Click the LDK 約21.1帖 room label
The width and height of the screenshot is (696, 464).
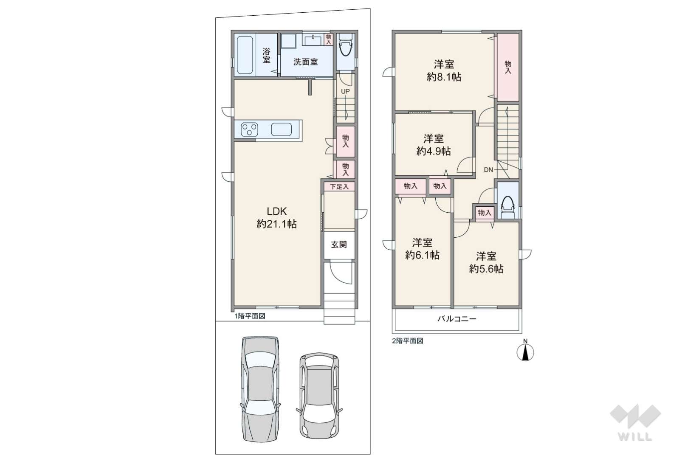click(276, 217)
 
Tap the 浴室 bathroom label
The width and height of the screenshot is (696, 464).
click(266, 56)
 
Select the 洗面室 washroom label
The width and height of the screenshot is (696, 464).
click(306, 62)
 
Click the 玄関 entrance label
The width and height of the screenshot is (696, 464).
click(339, 245)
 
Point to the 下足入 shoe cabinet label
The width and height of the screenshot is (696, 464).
click(339, 187)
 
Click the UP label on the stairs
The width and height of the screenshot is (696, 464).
click(345, 91)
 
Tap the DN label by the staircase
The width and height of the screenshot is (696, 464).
click(488, 170)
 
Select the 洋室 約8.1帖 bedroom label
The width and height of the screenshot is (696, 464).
click(444, 71)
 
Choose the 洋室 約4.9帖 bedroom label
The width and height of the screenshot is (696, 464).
click(434, 145)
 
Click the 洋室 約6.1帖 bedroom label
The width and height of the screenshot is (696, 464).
click(422, 249)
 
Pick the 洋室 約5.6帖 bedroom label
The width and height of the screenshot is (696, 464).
click(486, 262)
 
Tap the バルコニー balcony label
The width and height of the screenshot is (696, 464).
click(457, 319)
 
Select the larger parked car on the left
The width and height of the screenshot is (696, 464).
click(260, 389)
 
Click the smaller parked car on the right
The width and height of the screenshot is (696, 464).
click(319, 396)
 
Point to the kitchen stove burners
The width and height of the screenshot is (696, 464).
click(250, 129)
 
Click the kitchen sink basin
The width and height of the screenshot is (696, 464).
click(281, 129)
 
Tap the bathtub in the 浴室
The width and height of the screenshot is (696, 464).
click(245, 55)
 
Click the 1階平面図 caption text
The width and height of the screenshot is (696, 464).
click(250, 316)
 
